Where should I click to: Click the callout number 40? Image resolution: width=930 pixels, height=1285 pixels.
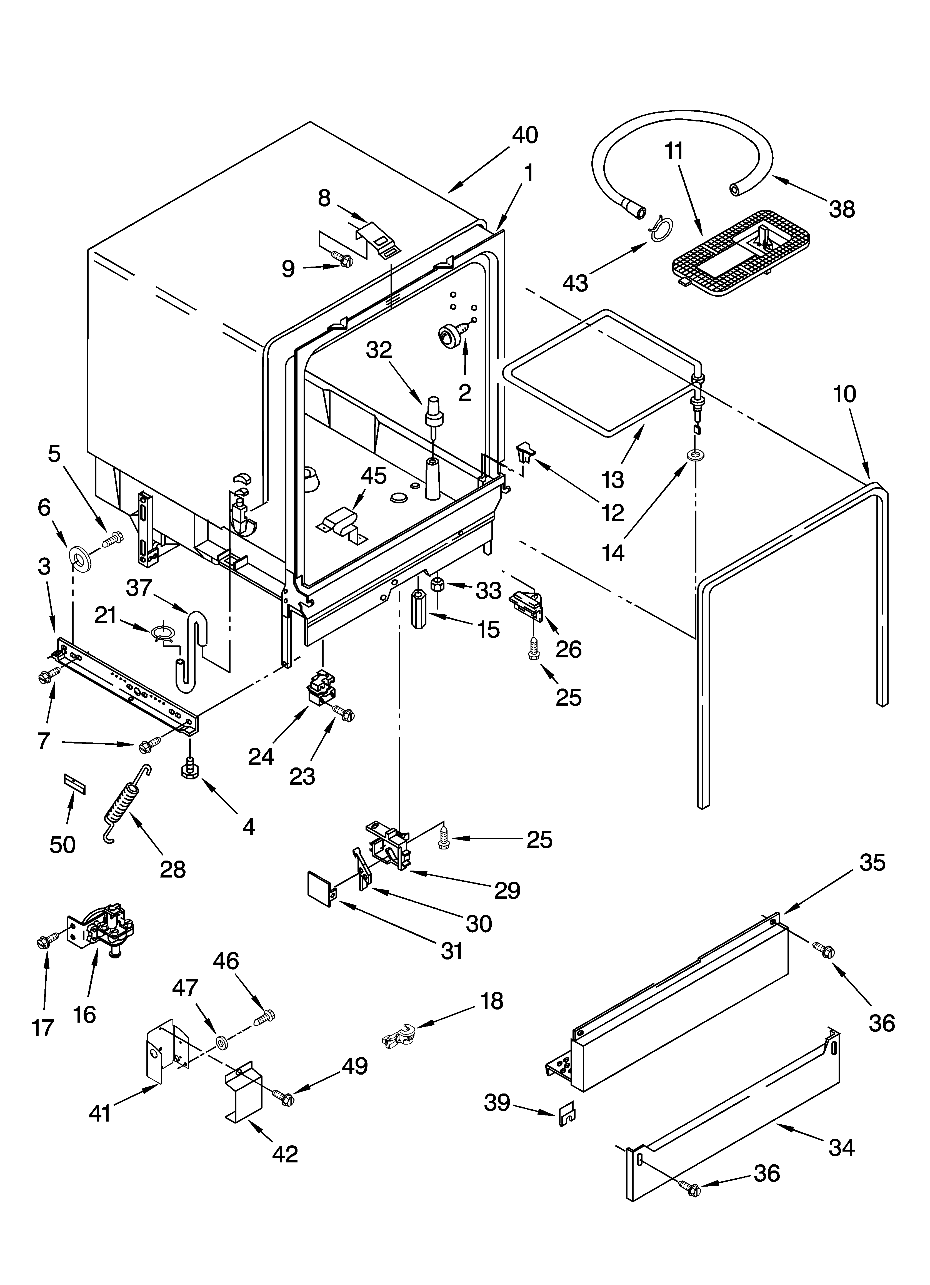[525, 135]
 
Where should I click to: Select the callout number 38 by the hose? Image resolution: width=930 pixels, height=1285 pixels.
[842, 209]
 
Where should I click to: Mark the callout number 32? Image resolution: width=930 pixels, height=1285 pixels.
[379, 350]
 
